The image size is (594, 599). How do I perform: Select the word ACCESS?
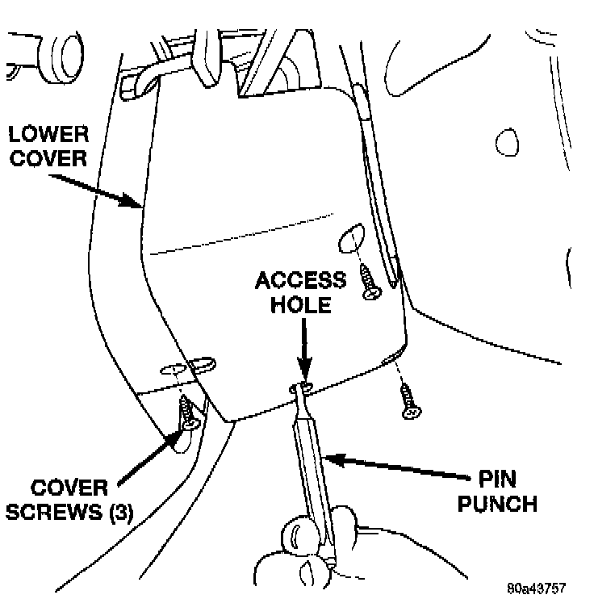[301, 280]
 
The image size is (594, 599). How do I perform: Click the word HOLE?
[302, 304]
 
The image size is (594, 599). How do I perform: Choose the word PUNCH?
[498, 505]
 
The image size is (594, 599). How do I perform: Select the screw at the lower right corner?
[408, 402]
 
